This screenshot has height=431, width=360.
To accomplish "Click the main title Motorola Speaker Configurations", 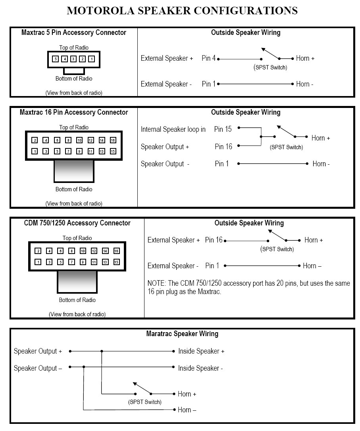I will click(x=182, y=11).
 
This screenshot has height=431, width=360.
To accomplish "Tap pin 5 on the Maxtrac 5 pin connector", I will click(x=56, y=59).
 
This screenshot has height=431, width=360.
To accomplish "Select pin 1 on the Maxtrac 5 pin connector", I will click(x=91, y=59).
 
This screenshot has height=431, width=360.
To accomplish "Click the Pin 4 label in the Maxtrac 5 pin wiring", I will click(x=209, y=58).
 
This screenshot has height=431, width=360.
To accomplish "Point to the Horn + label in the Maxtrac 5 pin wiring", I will click(x=305, y=58).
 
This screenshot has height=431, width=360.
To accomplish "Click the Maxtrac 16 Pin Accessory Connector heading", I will click(x=74, y=112).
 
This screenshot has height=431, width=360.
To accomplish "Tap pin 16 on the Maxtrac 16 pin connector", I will click(x=113, y=140).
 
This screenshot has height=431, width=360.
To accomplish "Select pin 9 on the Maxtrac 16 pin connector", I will click(x=79, y=151).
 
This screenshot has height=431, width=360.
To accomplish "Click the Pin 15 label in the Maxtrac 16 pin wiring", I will click(x=223, y=129).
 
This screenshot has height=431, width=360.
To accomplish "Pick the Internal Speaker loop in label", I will click(x=173, y=129).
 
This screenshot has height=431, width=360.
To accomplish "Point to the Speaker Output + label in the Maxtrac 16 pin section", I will click(x=165, y=147).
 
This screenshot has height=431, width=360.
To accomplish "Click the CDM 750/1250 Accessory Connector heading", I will click(x=77, y=223).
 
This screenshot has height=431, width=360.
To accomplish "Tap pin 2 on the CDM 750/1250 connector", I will click(x=38, y=251).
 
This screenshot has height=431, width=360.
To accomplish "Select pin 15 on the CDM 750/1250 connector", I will click(x=116, y=262).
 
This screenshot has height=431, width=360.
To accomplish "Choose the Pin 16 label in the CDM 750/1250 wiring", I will click(x=214, y=240).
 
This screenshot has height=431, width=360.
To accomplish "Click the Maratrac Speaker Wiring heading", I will click(x=182, y=334).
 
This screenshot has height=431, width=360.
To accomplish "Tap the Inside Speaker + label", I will click(x=201, y=351).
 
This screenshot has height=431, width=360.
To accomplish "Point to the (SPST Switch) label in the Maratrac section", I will click(x=144, y=402).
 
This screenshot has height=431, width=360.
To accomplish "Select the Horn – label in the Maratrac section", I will click(x=187, y=410).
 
